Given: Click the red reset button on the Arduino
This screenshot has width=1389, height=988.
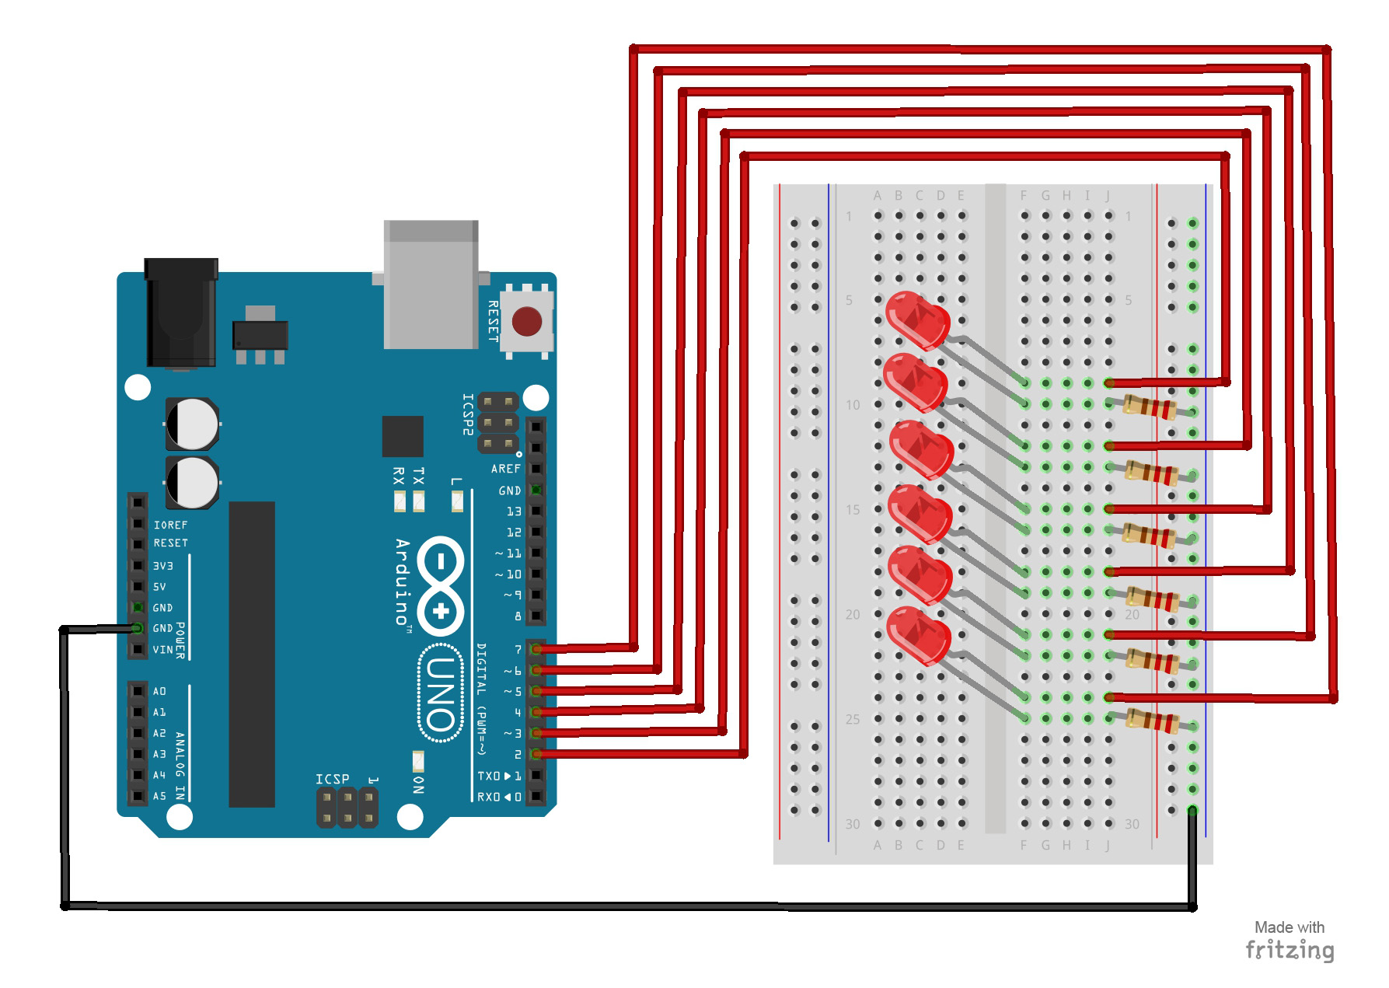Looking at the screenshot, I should pos(526,320).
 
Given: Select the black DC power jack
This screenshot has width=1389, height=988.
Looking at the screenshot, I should pos(181,312).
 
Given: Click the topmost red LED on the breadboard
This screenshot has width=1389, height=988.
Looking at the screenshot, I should pos(917,319).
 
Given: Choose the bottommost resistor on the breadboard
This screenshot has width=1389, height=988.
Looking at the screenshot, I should pos(1153,721).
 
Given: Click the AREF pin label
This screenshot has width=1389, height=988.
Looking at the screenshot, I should pos(505,469).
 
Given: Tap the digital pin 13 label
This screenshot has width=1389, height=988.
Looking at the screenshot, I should pos(514,511).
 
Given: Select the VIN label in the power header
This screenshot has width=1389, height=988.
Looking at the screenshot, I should pos(162,649).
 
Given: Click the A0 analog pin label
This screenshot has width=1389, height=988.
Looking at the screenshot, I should pos(159,691).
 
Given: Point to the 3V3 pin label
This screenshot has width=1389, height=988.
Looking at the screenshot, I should pos(162,566).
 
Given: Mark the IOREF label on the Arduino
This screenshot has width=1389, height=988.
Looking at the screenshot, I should pos(170,525).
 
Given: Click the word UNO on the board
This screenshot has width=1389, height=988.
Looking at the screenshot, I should pos(441,693).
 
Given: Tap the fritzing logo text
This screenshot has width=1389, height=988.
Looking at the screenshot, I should pos(1290,950).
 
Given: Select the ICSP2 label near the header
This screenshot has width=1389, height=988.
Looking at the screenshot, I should pos(468,414).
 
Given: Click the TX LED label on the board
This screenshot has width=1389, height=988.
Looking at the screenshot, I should pos(419,475).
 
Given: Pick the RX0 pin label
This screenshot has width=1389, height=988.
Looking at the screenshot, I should pos(488,797).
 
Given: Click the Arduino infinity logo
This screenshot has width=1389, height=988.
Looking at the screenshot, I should pos(441,585).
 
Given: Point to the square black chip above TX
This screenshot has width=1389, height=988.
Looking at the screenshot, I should pos(403,436).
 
